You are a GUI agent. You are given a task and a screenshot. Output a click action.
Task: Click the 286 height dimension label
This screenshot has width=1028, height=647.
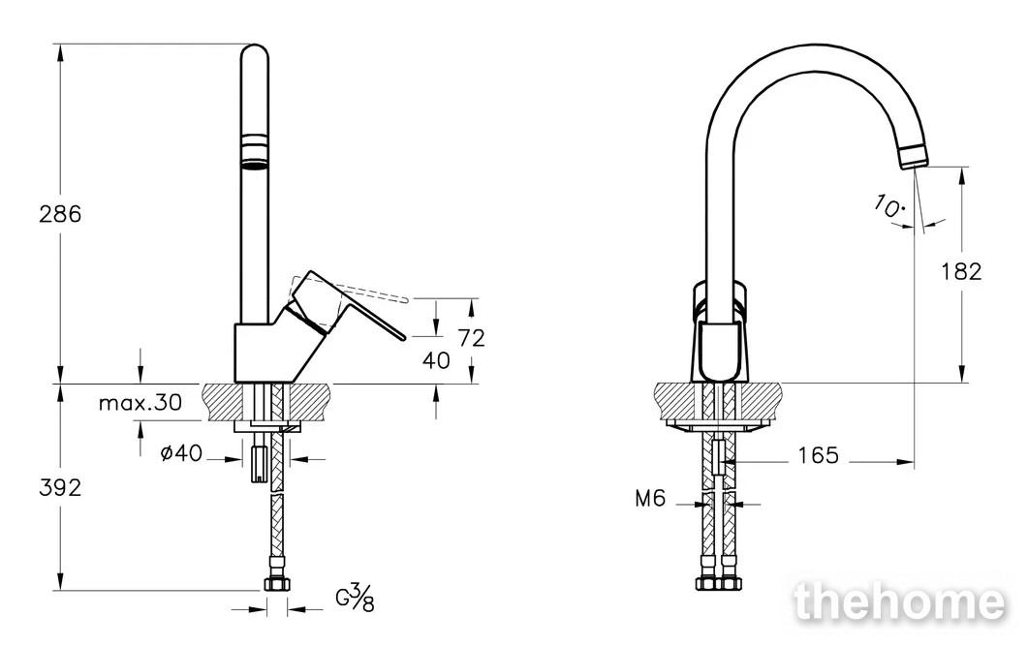[60, 214]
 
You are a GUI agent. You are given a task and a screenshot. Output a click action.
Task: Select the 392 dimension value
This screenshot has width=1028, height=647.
[60, 487]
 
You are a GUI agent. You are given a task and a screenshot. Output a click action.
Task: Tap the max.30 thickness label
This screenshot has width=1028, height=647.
[140, 402]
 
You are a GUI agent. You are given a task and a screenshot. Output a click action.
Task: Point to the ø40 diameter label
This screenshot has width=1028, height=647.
[181, 452]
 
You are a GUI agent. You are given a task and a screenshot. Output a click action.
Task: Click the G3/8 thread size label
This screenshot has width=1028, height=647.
[355, 597]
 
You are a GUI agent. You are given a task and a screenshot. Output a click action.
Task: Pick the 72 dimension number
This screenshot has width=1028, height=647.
[472, 338]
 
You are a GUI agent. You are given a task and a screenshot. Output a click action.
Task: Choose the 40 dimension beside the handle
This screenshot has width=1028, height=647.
[437, 360]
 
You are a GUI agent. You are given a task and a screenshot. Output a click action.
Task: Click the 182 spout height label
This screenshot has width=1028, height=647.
[961, 271]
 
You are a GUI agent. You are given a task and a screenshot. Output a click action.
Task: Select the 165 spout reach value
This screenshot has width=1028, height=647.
[818, 454]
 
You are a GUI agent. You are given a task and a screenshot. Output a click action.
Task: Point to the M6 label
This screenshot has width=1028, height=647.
[650, 499]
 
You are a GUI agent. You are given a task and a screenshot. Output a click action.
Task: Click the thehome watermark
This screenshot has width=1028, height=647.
[898, 602]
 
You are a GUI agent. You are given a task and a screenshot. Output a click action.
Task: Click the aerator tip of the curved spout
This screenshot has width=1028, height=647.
[914, 157]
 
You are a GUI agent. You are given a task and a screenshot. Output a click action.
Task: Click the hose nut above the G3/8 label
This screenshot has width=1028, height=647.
[276, 584]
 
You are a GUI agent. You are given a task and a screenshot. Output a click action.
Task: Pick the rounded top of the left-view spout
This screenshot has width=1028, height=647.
[255, 53]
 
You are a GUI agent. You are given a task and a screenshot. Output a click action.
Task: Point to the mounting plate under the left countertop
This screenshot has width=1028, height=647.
[267, 427]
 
